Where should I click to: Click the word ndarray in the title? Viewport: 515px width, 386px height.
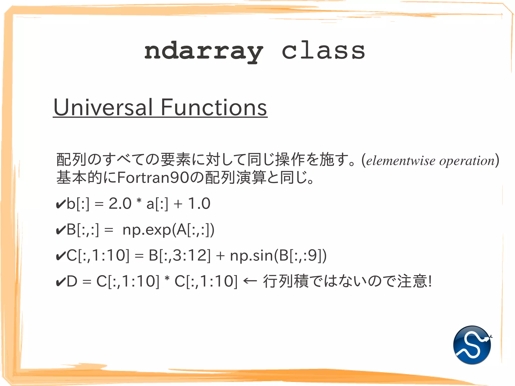tap(204, 52)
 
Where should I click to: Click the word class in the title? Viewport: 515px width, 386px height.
tap(323, 51)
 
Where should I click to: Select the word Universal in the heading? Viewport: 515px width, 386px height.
tap(103, 107)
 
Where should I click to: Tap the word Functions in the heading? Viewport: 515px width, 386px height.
tap(214, 107)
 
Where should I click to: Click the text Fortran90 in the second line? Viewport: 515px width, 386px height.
tap(153, 178)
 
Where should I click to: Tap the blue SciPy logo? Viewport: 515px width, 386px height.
tap(472, 345)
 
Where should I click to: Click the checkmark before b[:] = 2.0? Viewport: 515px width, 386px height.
tap(61, 204)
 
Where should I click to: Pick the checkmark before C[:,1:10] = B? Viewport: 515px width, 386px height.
tap(61, 256)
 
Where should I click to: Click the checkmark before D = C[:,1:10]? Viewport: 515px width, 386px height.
tap(61, 282)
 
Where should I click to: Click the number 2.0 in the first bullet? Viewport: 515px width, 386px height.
tap(120, 203)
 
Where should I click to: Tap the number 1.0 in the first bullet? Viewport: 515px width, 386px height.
tap(199, 203)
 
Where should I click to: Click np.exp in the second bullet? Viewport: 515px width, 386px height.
tap(147, 230)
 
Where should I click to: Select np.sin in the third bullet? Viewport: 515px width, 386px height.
tap(251, 256)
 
